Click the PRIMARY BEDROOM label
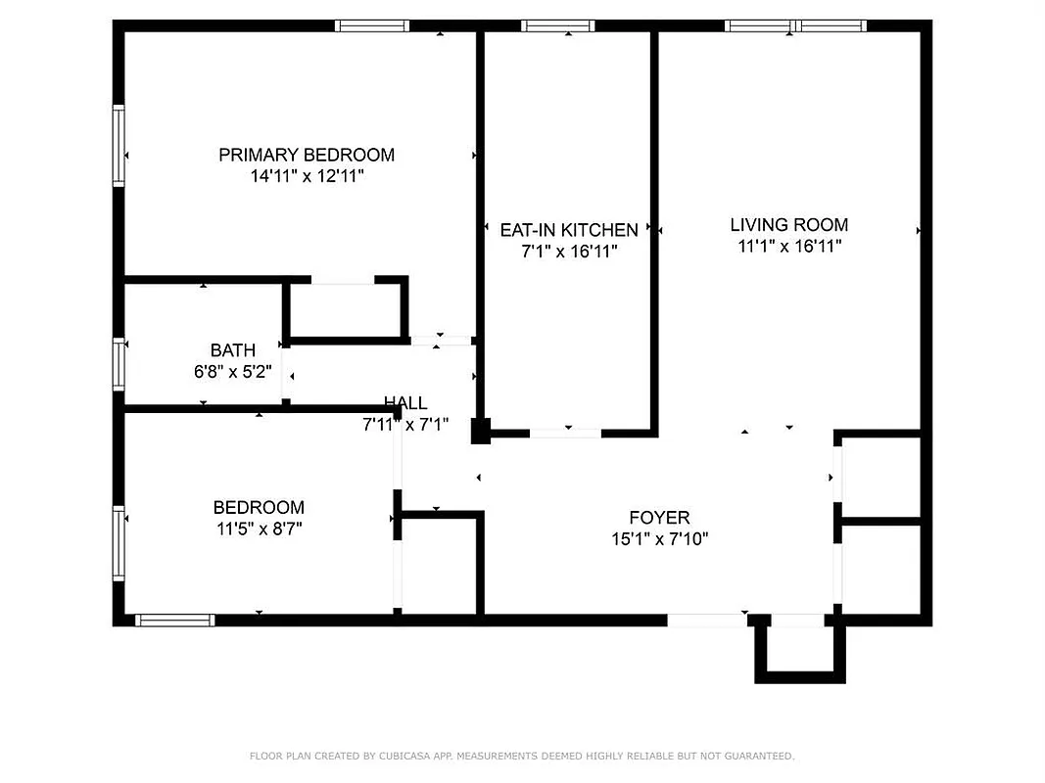pos(306,155)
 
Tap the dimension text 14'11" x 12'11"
pos(306,177)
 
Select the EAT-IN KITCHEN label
pos(568,230)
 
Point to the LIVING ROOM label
pos(788,225)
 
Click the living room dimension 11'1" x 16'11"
pos(788,247)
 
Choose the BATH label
pos(233,350)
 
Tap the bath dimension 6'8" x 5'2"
pos(233,371)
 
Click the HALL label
pos(405,403)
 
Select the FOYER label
pos(659,517)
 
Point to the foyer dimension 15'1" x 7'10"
pos(659,538)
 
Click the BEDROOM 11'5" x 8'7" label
pos(259,507)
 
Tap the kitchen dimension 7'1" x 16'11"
pos(568,252)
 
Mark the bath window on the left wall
pos(119,364)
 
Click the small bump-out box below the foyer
pos(799,648)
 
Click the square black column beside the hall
pos(480,431)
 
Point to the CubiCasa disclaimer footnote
pos(522,756)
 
